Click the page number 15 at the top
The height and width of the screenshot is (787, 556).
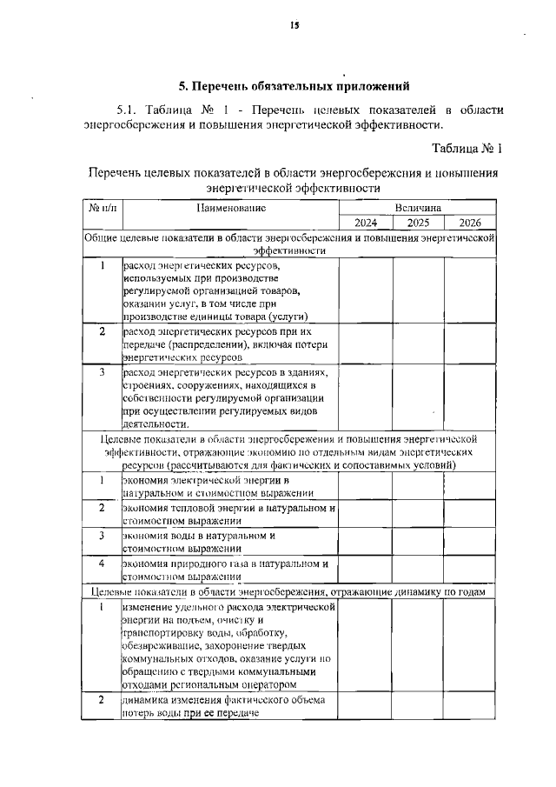point(295,26)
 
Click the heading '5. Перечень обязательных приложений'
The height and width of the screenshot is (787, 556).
point(294,86)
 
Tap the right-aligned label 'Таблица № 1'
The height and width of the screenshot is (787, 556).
point(467,149)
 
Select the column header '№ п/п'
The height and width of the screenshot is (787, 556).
point(102,209)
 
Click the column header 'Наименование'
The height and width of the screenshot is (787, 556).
point(230,209)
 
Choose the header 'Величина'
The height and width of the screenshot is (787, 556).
point(417,209)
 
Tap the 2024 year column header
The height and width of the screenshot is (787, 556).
point(365,223)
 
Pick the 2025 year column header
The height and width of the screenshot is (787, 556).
point(419,223)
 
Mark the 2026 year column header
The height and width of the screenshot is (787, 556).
point(470,223)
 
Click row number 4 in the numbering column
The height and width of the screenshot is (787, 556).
point(102,563)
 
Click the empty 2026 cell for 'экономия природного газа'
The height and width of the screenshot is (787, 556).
point(470,570)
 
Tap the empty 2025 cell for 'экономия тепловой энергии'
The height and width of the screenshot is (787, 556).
point(419,514)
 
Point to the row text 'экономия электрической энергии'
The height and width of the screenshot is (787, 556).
point(205,480)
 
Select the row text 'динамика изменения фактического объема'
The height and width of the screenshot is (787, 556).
point(224,700)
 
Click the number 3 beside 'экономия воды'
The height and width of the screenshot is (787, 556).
point(102,536)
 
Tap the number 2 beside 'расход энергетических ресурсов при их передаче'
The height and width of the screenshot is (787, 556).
point(102,331)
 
